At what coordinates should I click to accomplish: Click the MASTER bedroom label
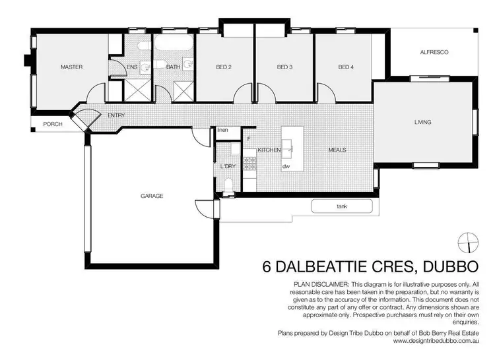point(71,67)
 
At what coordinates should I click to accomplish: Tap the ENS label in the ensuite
point(133,67)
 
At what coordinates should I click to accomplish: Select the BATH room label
point(173,67)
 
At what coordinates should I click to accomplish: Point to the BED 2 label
point(224,67)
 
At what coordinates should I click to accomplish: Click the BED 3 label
point(284,67)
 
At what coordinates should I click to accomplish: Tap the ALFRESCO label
point(434,52)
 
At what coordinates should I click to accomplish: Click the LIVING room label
point(422,122)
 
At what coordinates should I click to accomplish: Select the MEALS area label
point(337,150)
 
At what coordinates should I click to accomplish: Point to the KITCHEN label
point(269,150)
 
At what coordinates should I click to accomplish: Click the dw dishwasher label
point(286,167)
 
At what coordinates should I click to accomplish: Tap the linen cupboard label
point(223,130)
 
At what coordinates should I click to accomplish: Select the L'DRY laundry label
point(228,167)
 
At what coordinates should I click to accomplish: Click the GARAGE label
point(152,196)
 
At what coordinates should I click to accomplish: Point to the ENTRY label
point(116,116)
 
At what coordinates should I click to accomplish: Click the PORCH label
point(52,124)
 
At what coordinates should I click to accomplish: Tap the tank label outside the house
point(341,207)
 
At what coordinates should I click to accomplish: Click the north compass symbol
point(469,241)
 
